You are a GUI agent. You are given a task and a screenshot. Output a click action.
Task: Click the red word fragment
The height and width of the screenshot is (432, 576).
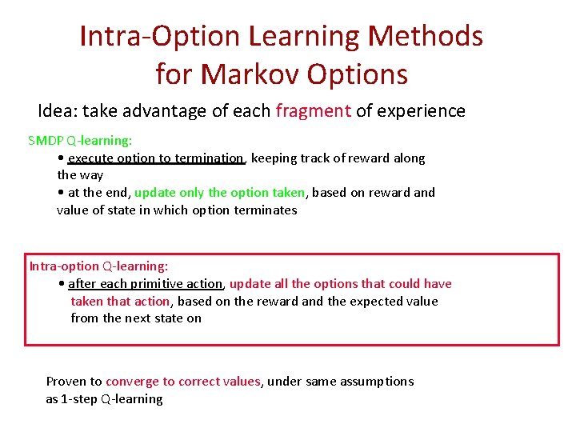313,111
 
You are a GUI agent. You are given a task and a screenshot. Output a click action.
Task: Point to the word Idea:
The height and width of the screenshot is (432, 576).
58,111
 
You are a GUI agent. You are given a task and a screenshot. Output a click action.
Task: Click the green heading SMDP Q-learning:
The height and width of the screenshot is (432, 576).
80,141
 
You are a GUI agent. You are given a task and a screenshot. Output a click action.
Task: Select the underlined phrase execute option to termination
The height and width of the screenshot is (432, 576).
156,158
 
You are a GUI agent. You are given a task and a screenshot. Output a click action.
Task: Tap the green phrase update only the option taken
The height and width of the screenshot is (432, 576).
220,193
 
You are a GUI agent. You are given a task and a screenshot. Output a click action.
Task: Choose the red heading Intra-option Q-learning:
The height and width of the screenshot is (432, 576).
98,266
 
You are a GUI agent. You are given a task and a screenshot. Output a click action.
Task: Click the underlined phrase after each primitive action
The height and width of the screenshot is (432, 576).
145,284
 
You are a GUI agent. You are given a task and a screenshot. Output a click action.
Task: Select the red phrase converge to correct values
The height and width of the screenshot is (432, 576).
183,382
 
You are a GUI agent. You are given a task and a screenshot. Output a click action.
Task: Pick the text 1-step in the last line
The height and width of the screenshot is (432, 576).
79,399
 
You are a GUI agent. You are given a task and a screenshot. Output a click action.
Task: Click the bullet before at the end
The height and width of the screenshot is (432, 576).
61,193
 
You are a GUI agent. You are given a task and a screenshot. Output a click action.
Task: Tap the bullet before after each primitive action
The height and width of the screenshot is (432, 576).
62,284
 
